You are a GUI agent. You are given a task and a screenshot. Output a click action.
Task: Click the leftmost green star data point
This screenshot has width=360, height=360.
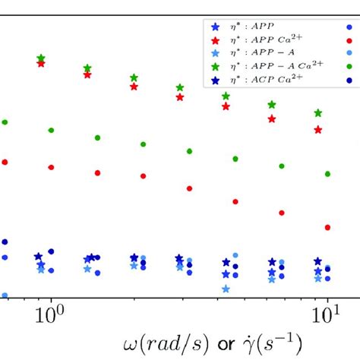(x=41, y=58)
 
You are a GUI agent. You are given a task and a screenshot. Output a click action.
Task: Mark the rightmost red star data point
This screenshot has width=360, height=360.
(x=319, y=129)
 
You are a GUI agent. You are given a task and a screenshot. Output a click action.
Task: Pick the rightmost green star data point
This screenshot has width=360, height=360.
(x=319, y=113)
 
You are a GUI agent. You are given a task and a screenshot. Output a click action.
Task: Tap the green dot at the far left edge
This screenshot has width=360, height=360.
(x=5, y=122)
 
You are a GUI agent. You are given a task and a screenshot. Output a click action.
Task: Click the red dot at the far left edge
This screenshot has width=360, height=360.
(x=5, y=162)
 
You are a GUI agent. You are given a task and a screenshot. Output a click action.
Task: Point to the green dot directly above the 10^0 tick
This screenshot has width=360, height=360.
(x=51, y=130)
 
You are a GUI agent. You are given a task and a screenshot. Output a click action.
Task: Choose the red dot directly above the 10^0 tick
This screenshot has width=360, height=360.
(x=51, y=167)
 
